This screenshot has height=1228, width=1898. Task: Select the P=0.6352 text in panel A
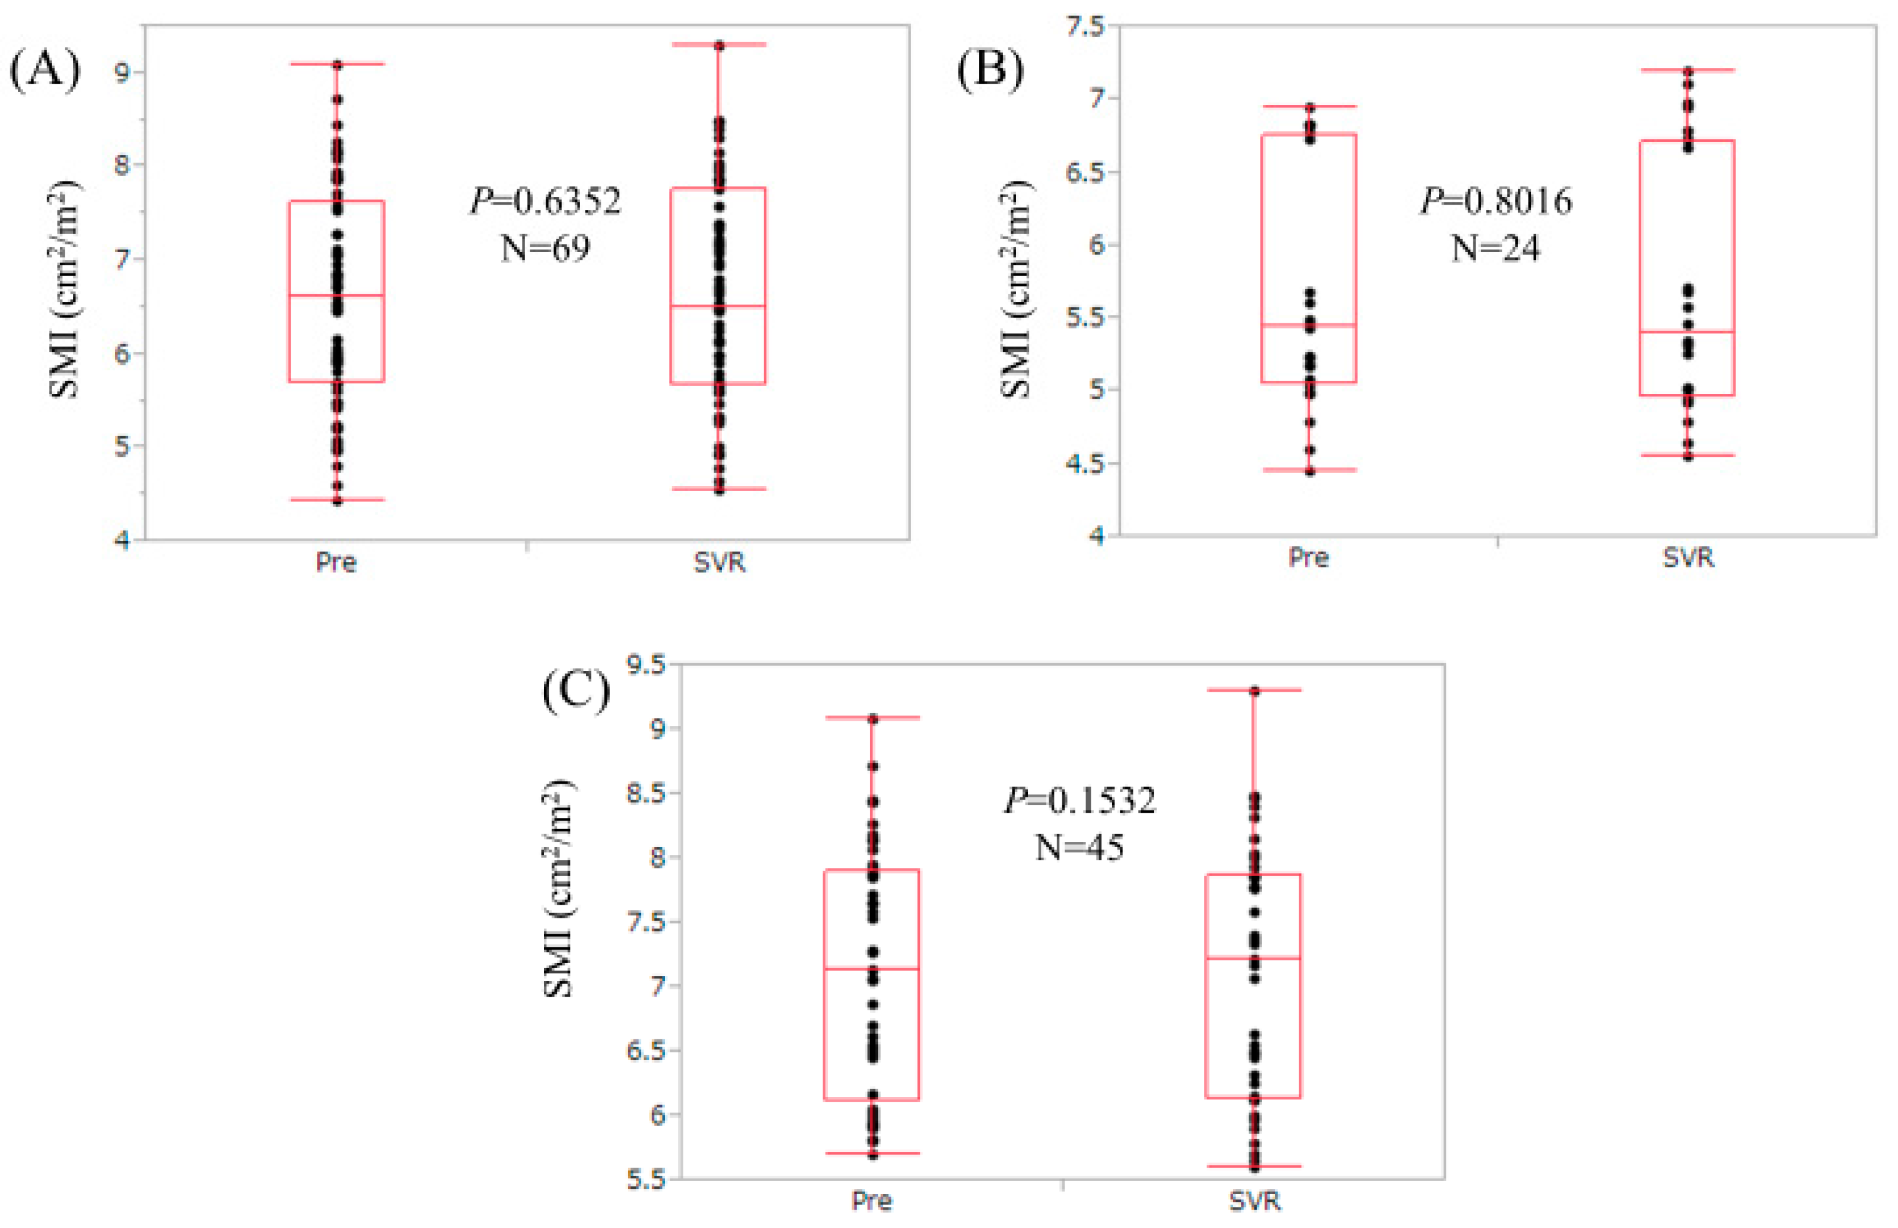(545, 201)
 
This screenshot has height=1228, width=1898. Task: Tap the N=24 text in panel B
(1495, 249)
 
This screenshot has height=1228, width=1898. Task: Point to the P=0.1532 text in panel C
(1079, 800)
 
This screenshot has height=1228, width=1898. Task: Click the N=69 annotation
(545, 249)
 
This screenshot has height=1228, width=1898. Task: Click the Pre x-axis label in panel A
(336, 562)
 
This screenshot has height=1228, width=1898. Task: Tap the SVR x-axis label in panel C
(1254, 1201)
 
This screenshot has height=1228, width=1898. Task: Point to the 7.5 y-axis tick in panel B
(1085, 26)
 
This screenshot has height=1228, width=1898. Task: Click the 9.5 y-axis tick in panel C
(646, 664)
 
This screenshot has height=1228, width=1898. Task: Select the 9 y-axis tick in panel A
(122, 72)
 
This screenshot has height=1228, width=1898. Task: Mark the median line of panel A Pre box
(336, 296)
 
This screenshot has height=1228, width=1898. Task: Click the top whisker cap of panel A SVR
(718, 44)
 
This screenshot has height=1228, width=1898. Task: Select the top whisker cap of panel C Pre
(871, 718)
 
